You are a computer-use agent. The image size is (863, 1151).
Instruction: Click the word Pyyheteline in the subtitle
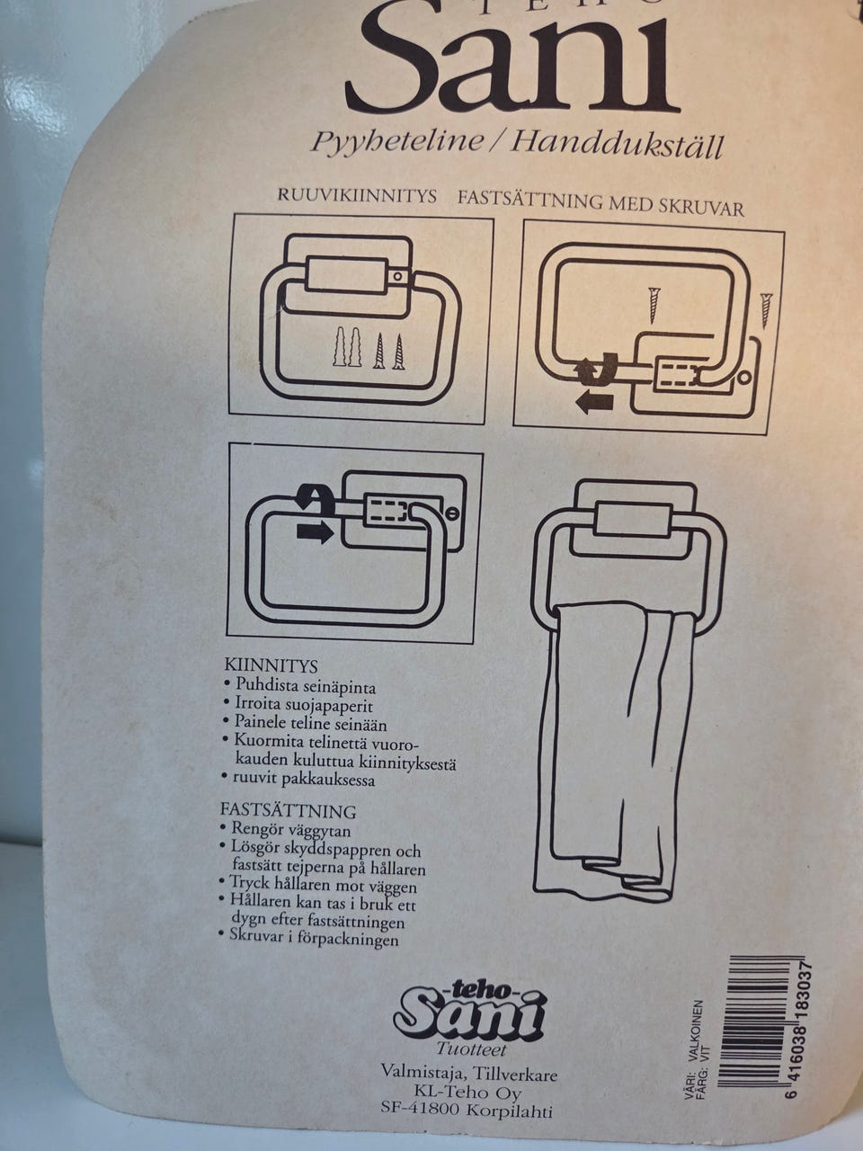(397, 140)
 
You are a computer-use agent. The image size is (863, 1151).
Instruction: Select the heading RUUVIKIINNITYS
(357, 196)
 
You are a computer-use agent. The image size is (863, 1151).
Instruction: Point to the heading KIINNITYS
(271, 665)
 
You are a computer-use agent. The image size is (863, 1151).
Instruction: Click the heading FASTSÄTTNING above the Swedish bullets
(288, 811)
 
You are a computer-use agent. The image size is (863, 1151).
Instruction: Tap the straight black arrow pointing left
(594, 403)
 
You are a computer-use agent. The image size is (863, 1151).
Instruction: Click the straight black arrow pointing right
(315, 532)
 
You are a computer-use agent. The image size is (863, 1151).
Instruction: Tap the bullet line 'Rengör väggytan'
(286, 830)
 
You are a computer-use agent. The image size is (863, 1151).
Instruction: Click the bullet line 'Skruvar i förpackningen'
(309, 937)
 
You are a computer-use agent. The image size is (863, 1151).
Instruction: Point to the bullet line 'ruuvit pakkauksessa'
(298, 778)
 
